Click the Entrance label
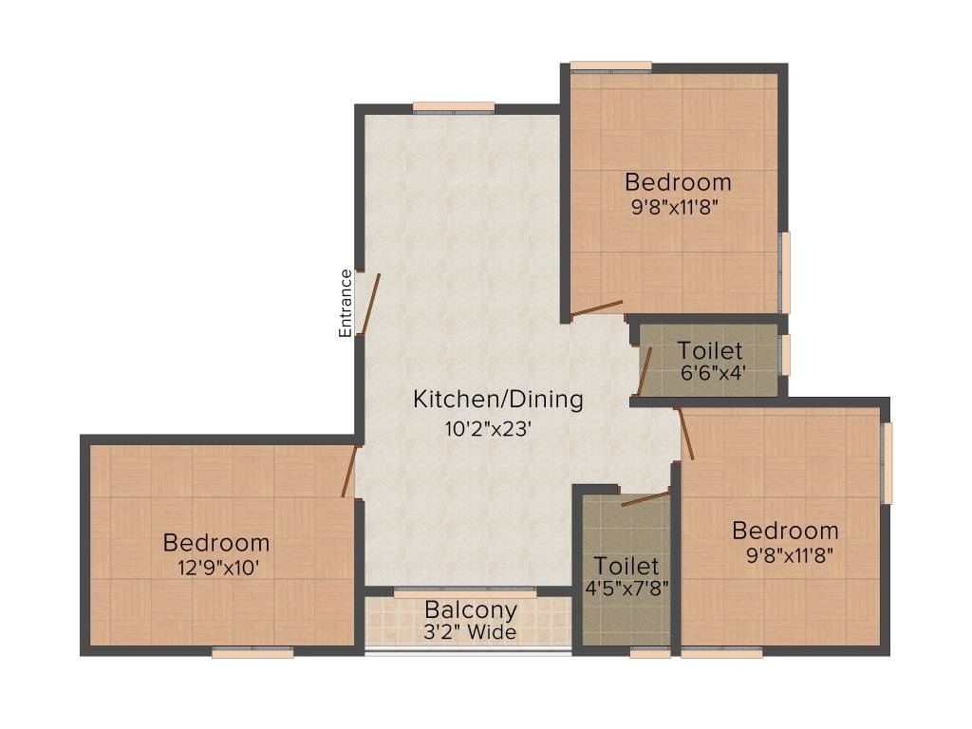[346, 303]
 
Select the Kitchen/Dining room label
[497, 400]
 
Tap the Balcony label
[471, 610]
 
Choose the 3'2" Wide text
[471, 631]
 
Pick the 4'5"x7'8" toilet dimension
[626, 587]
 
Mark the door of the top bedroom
[597, 309]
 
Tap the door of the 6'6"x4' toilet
[645, 369]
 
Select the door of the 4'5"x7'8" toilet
[645, 497]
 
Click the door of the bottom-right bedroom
[684, 434]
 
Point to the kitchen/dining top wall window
[454, 105]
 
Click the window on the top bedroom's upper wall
[611, 66]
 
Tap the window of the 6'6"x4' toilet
[784, 354]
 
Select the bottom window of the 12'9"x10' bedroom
[252, 652]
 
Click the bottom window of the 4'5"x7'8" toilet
[650, 652]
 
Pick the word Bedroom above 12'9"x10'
[216, 544]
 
